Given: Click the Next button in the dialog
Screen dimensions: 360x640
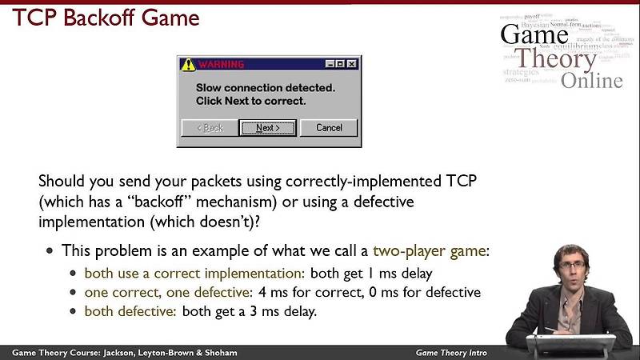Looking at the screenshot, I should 267,127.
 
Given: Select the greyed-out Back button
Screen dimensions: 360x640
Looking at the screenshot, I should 209,127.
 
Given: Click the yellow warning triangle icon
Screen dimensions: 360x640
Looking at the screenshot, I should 188,64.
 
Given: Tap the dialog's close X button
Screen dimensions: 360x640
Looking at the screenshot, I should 352,64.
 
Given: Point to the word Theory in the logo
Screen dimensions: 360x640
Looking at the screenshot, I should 554,58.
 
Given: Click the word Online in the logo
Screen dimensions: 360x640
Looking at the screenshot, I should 591,80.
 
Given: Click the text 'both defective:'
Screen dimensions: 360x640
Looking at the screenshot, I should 131,311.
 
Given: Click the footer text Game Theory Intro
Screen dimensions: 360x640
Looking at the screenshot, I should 451,353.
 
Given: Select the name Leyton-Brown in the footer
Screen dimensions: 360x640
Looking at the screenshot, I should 166,353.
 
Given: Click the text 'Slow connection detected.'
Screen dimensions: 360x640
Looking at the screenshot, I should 266,86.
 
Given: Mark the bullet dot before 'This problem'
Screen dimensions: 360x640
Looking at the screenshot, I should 50,250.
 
